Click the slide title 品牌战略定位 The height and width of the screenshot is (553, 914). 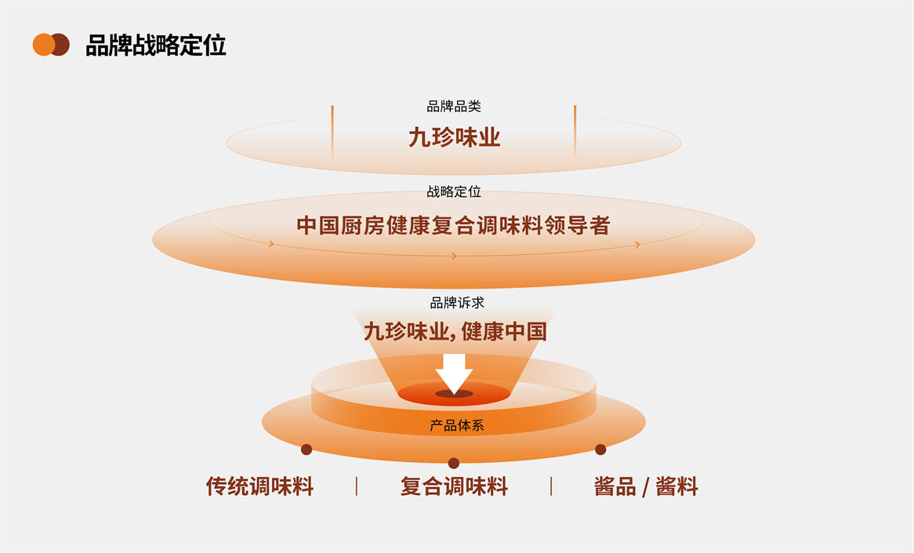click(155, 45)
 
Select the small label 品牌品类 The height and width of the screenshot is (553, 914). click(454, 107)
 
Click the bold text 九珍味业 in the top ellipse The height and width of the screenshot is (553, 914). click(454, 138)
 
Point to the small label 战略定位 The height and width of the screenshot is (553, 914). click(454, 191)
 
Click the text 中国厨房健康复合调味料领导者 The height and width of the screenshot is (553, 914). click(453, 226)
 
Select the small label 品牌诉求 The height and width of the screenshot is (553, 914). click(454, 303)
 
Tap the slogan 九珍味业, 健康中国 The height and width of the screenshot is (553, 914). click(455, 331)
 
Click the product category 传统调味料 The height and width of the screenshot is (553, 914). click(259, 486)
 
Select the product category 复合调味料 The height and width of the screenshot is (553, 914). click(454, 486)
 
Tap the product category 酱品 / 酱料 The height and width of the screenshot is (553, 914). click(646, 486)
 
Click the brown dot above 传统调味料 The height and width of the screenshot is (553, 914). click(306, 449)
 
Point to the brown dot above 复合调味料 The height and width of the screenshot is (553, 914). click(453, 463)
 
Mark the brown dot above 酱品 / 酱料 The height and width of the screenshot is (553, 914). click(600, 449)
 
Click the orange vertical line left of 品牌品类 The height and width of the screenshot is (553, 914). click(332, 129)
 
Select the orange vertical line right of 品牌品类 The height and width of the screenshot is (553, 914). click(575, 129)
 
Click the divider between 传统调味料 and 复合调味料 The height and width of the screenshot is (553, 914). click(357, 486)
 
